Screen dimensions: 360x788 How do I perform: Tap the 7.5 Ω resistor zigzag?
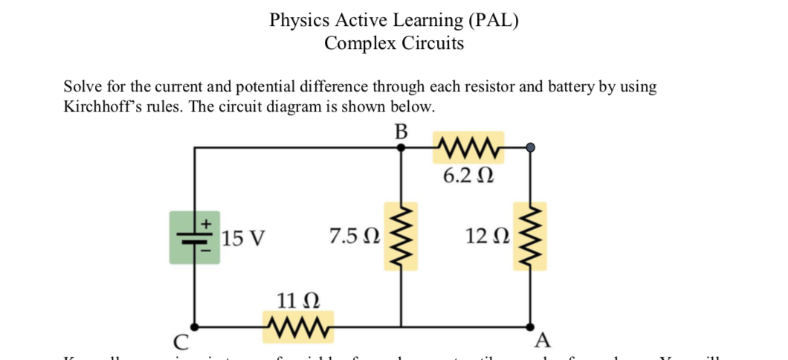pos(400,237)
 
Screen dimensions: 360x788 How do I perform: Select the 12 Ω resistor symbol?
pos(529,237)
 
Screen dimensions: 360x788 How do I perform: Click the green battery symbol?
pos(195,237)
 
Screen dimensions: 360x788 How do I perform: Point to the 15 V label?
pos(243,239)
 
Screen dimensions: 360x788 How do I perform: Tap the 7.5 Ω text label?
pos(355,237)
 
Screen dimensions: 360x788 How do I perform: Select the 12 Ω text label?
pos(488,237)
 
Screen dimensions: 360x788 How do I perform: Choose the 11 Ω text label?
pos(298,301)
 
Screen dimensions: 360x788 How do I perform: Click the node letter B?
pos(401,132)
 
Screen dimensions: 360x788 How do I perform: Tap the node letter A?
pos(543,341)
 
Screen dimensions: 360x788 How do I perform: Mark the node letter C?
pos(181,342)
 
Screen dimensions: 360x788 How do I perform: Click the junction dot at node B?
pos(401,148)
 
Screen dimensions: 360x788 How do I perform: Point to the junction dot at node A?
pos(530,327)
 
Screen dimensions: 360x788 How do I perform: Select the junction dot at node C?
pos(195,327)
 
